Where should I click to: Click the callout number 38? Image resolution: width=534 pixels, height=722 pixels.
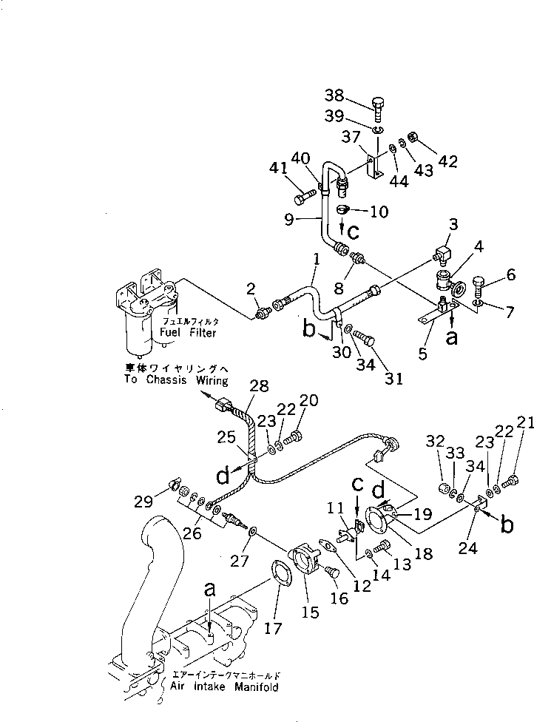(x=335, y=95)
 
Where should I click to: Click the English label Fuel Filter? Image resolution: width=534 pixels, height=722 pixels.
(x=189, y=333)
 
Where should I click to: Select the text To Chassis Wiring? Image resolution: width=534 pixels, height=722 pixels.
(x=178, y=379)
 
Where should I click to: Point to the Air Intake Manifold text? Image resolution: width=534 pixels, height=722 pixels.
(x=225, y=687)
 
